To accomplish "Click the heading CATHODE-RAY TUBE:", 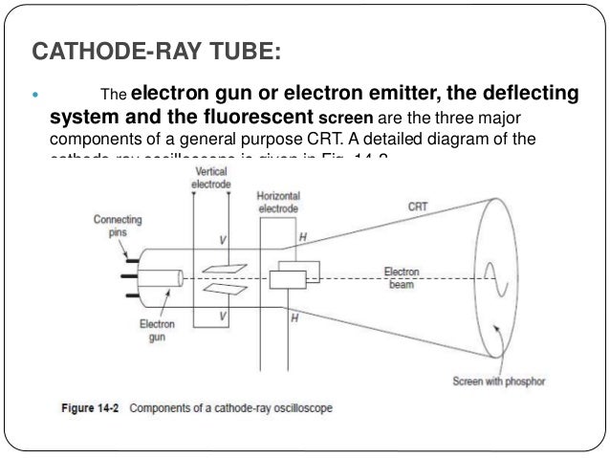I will point(158,49).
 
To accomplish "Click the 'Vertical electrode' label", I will point(211,179).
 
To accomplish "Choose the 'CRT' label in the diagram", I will point(418,206).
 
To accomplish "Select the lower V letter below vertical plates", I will point(223,316).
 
